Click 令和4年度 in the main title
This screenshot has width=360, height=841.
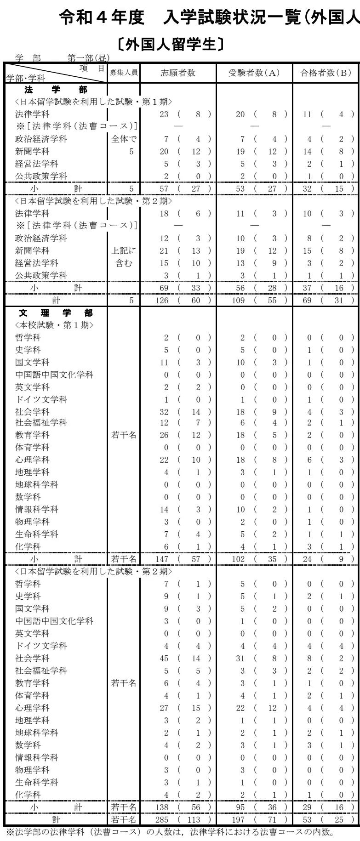(x=102, y=18)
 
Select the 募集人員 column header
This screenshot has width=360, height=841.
(x=124, y=73)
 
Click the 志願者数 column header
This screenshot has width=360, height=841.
(x=178, y=73)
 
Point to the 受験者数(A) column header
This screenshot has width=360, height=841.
(x=254, y=73)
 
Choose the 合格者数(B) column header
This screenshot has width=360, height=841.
(x=326, y=73)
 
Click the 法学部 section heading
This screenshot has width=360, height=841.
(x=56, y=90)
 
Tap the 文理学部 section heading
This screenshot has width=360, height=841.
(x=56, y=313)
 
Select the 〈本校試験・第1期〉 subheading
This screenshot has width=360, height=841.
(x=54, y=325)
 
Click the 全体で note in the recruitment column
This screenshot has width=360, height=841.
(x=124, y=139)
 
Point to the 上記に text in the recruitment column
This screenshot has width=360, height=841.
(x=124, y=251)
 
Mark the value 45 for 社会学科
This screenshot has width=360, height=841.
(x=164, y=659)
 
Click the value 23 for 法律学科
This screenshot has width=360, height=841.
(x=164, y=114)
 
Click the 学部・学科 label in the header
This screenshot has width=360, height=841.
(x=26, y=79)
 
